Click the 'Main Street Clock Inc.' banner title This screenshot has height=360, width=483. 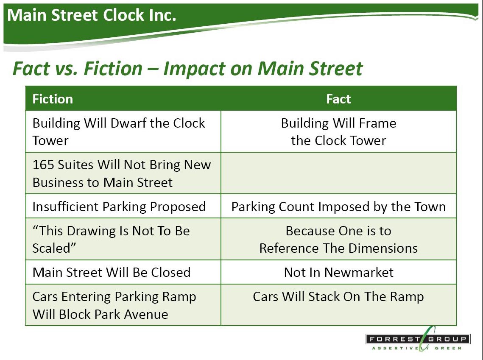[x=92, y=15]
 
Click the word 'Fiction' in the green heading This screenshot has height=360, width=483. [x=113, y=68]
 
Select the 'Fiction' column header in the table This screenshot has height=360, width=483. [x=53, y=99]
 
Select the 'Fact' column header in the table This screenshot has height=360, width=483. [x=338, y=99]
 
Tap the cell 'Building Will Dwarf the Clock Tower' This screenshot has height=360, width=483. [x=123, y=131]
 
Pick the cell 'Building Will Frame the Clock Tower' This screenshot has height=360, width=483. [x=338, y=131]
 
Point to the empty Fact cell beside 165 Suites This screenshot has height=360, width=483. [x=338, y=173]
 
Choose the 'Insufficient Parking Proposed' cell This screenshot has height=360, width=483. [x=123, y=206]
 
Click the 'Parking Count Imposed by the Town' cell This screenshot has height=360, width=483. [x=338, y=206]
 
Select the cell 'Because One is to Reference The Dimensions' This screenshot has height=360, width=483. [x=338, y=239]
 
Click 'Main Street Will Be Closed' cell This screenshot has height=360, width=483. [x=123, y=272]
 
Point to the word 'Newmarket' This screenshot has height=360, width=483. [x=359, y=272]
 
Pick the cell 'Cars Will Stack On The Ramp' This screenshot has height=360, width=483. [x=338, y=304]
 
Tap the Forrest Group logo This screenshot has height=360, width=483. [x=418, y=339]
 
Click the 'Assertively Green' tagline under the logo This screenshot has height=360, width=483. [x=417, y=348]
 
